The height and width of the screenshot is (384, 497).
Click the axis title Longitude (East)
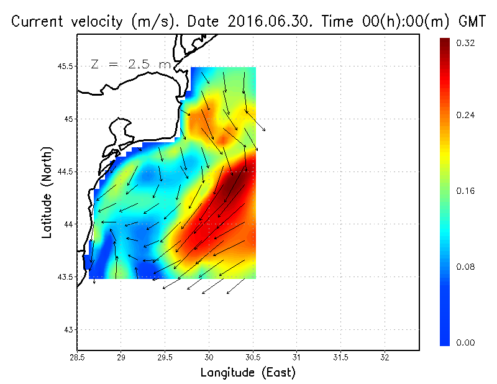pyautogui.click(x=248, y=372)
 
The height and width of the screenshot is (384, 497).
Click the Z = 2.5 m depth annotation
pyautogui.click(x=130, y=64)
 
